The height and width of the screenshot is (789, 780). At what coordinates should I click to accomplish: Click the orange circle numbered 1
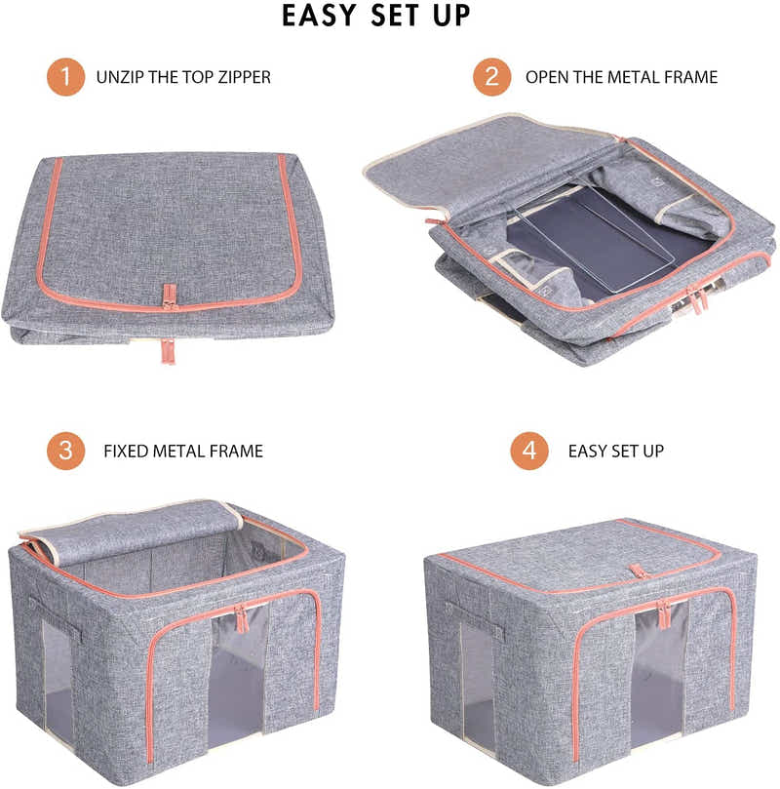click(66, 77)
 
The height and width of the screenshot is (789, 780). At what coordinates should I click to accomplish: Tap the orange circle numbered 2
click(492, 77)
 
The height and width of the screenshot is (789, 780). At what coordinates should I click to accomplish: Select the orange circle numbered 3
click(66, 452)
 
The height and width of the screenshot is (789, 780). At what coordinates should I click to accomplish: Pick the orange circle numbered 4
click(529, 452)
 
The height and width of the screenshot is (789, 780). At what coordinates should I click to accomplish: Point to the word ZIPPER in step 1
click(241, 77)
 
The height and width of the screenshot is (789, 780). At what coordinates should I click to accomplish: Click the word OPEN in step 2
click(548, 77)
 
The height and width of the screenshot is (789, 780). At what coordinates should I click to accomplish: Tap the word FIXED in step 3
click(128, 452)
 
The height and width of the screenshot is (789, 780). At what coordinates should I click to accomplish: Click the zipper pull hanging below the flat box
click(168, 350)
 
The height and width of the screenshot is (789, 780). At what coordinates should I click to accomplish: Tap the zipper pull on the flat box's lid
click(169, 296)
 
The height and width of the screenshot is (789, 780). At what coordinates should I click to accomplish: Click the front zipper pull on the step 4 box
click(664, 614)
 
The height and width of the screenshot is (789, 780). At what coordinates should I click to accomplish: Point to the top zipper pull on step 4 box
click(639, 572)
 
